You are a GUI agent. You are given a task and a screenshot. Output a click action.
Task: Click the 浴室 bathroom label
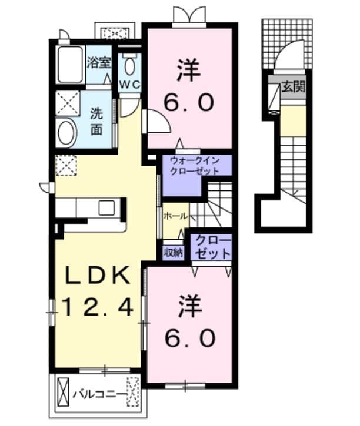(x=98, y=63)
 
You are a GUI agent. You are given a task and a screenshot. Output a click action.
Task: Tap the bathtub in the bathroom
(x=71, y=65)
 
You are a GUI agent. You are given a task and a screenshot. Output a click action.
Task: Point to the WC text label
(x=129, y=85)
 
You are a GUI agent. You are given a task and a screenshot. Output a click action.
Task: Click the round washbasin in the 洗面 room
(x=66, y=133)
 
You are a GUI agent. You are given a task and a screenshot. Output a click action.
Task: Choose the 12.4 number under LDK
(x=98, y=307)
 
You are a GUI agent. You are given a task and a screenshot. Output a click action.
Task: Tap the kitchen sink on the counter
(x=106, y=208)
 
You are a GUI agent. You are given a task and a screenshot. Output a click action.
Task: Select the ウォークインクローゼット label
(x=194, y=165)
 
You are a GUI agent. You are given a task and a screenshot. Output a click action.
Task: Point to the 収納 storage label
(x=173, y=253)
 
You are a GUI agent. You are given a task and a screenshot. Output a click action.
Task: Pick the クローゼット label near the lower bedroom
(x=212, y=247)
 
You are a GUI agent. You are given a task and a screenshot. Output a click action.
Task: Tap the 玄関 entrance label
(x=293, y=86)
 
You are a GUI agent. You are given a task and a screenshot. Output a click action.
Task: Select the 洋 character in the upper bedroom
(x=189, y=71)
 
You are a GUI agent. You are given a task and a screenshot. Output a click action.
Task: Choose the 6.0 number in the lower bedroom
(x=191, y=338)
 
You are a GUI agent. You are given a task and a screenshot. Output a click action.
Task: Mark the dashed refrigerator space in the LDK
(x=66, y=166)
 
